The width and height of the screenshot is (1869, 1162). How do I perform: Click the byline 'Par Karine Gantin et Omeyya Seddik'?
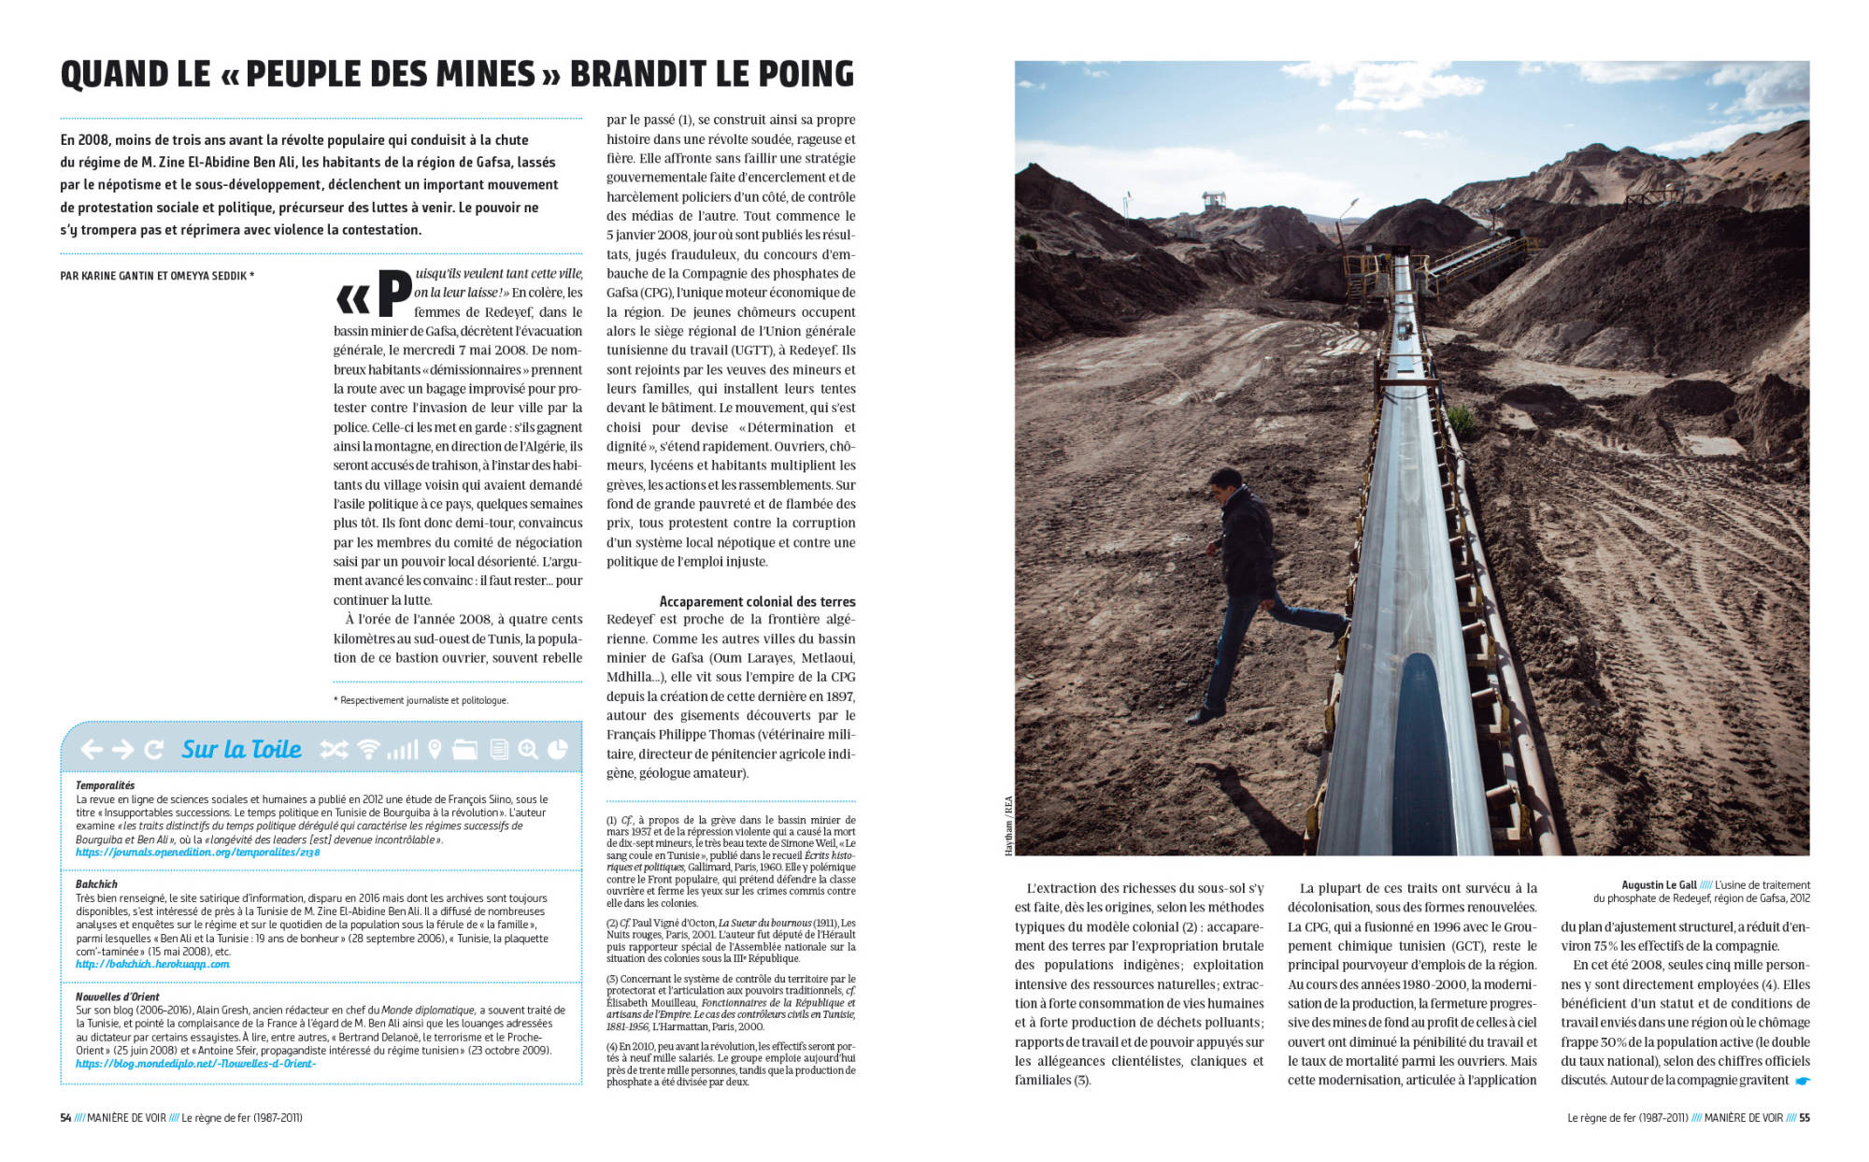[157, 276]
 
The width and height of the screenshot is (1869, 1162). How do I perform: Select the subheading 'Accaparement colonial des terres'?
[757, 601]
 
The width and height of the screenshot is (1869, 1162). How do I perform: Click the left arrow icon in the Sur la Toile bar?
[91, 749]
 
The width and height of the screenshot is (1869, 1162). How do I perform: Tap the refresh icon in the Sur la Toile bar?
[154, 749]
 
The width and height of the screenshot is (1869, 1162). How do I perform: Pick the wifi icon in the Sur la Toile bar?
[369, 749]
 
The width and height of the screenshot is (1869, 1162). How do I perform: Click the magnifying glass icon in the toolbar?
[528, 749]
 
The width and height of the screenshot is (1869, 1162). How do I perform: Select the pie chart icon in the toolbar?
[557, 749]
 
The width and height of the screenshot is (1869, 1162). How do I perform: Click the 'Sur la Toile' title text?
[241, 749]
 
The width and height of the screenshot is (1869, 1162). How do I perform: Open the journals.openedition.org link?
[197, 853]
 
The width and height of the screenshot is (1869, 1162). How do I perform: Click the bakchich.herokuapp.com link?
[152, 964]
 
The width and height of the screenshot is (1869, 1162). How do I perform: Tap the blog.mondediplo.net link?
[195, 1064]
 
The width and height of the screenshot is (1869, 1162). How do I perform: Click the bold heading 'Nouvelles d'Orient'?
[118, 997]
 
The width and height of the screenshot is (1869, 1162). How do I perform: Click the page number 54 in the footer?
[65, 1117]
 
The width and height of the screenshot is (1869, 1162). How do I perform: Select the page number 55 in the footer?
[1805, 1117]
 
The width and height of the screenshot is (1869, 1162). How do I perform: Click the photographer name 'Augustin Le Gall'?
[1659, 884]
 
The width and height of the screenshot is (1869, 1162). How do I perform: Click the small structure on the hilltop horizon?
[1214, 200]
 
